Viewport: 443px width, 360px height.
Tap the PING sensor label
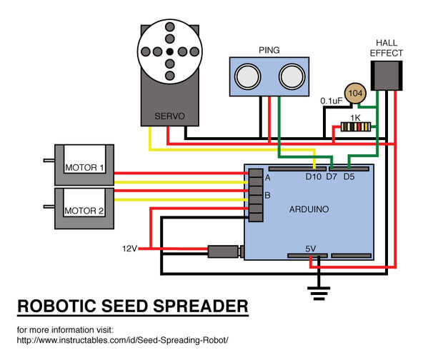coord(269,50)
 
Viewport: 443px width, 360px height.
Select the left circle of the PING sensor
coord(248,73)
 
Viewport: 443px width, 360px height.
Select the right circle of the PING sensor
coord(290,74)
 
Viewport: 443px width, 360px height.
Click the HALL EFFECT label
coord(387,48)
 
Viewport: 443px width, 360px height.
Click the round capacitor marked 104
coord(355,94)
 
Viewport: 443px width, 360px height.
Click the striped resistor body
coord(355,127)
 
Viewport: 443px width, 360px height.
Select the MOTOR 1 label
coord(85,169)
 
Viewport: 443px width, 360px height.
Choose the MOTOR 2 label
coord(85,211)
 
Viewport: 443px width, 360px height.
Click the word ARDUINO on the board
coord(309,210)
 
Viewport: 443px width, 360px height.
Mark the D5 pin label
coord(349,177)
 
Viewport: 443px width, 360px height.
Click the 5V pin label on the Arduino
coord(311,249)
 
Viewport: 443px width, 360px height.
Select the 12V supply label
coord(129,249)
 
